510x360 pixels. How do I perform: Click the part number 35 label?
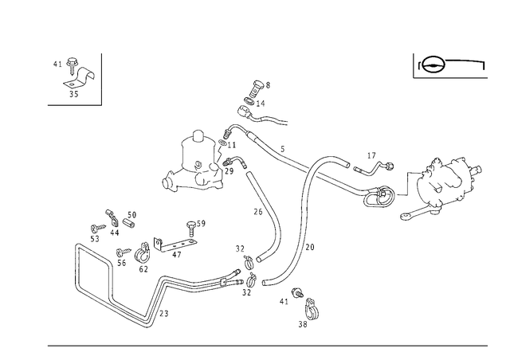pos(74,94)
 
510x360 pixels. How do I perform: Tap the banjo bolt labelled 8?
pos(257,88)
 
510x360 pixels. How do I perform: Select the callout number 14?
pos(261,104)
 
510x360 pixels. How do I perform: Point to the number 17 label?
pos(371,156)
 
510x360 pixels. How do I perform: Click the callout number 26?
pos(258,212)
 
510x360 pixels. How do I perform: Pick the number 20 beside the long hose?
pos(310,248)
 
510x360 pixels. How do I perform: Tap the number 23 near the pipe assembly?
pos(164,314)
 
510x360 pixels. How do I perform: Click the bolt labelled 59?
pos(191,229)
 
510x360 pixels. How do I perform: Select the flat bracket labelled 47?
pos(175,245)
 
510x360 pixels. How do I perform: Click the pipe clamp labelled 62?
pos(142,253)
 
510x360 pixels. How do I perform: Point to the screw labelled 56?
pos(123,252)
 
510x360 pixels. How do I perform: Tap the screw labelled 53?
pos(98,227)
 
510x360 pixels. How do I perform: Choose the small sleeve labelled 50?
pos(129,223)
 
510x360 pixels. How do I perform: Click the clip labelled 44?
pos(112,218)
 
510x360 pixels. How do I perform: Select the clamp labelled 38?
pos(312,309)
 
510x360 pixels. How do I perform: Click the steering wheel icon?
pos(433,65)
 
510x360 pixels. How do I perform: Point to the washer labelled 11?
pos(223,143)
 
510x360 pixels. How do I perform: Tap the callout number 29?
pos(229,171)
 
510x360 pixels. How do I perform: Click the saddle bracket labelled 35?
pos(80,78)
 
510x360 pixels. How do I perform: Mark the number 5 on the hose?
pos(283,149)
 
